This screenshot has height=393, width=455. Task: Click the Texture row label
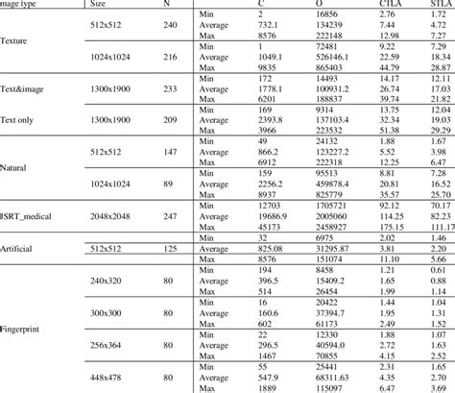coord(15,42)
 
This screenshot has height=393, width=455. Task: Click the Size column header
coord(98,4)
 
